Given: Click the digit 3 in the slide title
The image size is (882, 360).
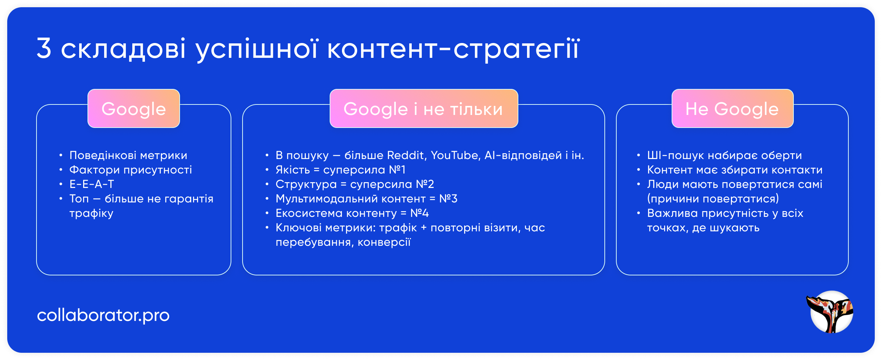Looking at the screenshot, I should pyautogui.click(x=44, y=48).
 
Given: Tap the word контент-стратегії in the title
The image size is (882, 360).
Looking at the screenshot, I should pyautogui.click(x=453, y=49).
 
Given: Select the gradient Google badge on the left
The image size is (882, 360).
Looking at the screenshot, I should pyautogui.click(x=134, y=109).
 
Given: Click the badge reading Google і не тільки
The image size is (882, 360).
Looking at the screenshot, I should pyautogui.click(x=423, y=109).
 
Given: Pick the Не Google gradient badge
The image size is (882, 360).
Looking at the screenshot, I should pyautogui.click(x=732, y=109).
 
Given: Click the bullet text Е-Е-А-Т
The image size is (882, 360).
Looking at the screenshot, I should pyautogui.click(x=92, y=184).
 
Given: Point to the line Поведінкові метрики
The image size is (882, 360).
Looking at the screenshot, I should pyautogui.click(x=128, y=155).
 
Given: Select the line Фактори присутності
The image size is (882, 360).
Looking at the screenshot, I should pyautogui.click(x=130, y=170).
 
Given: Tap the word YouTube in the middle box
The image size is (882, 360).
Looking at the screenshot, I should pyautogui.click(x=455, y=155).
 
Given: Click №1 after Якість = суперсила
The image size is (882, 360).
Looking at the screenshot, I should pyautogui.click(x=397, y=170).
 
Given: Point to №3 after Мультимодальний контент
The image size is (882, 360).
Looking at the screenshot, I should pyautogui.click(x=448, y=199).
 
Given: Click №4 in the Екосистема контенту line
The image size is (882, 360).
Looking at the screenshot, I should pyautogui.click(x=419, y=213).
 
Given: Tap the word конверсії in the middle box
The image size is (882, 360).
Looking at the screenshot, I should pyautogui.click(x=384, y=242).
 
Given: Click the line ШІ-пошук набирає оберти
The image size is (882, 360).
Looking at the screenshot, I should pyautogui.click(x=724, y=155).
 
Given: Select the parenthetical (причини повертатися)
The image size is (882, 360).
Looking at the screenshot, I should pyautogui.click(x=713, y=199).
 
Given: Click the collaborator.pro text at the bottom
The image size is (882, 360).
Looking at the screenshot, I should pyautogui.click(x=103, y=315).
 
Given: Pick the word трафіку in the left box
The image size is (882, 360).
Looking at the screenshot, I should pyautogui.click(x=91, y=214).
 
